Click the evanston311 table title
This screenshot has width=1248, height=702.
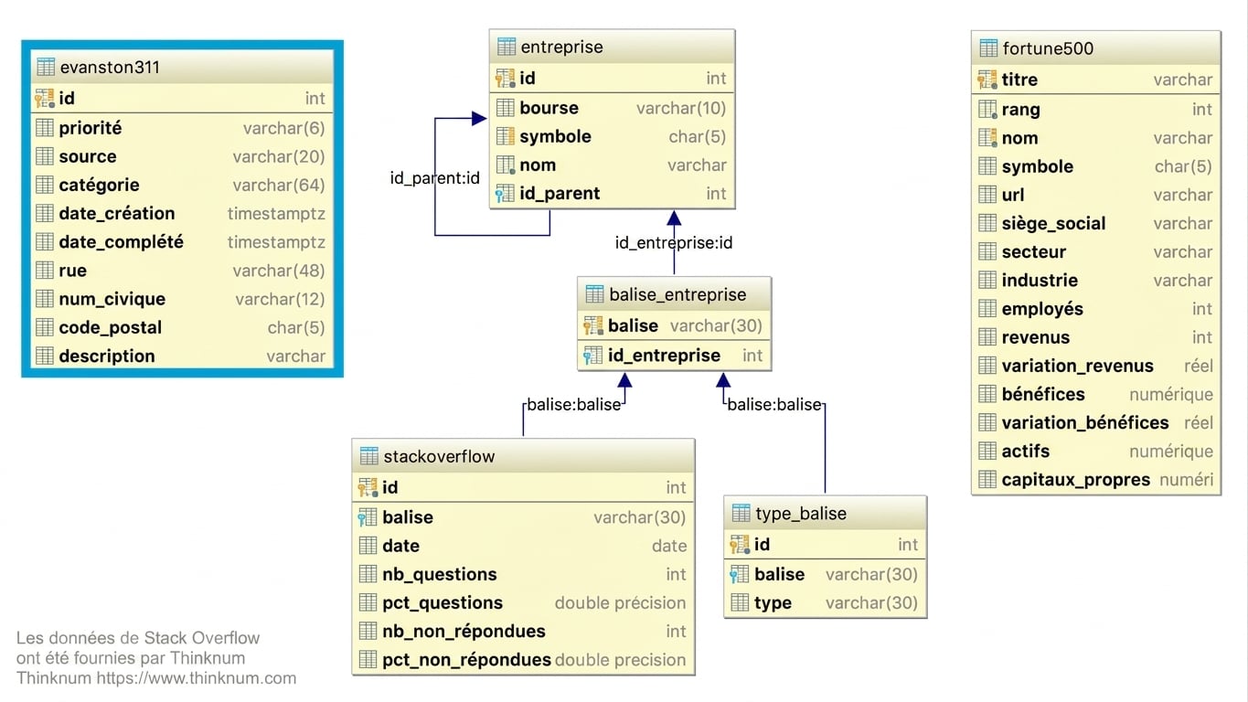click(x=110, y=68)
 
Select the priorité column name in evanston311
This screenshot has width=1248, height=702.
click(x=91, y=128)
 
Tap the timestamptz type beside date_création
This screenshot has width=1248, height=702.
click(x=276, y=213)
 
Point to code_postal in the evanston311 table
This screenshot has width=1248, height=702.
click(x=111, y=327)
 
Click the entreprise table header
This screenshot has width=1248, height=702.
click(x=561, y=48)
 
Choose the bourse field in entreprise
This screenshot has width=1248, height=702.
click(x=549, y=108)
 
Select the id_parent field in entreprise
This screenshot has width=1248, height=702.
click(x=560, y=194)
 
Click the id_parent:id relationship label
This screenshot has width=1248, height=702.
click(x=434, y=178)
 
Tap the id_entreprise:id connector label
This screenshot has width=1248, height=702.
click(x=674, y=243)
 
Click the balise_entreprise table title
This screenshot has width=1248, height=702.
click(x=677, y=294)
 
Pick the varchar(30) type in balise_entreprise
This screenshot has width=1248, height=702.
click(x=716, y=326)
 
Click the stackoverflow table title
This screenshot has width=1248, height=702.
click(x=439, y=457)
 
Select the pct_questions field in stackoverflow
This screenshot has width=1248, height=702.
click(x=443, y=603)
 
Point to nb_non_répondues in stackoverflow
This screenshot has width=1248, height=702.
click(x=464, y=632)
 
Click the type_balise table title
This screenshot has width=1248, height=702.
click(x=801, y=514)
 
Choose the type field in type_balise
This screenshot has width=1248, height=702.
click(x=773, y=603)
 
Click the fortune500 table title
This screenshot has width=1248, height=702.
click(x=1048, y=49)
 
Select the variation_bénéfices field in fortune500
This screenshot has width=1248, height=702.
click(x=1084, y=423)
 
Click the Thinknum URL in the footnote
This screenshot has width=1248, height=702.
click(x=196, y=678)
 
